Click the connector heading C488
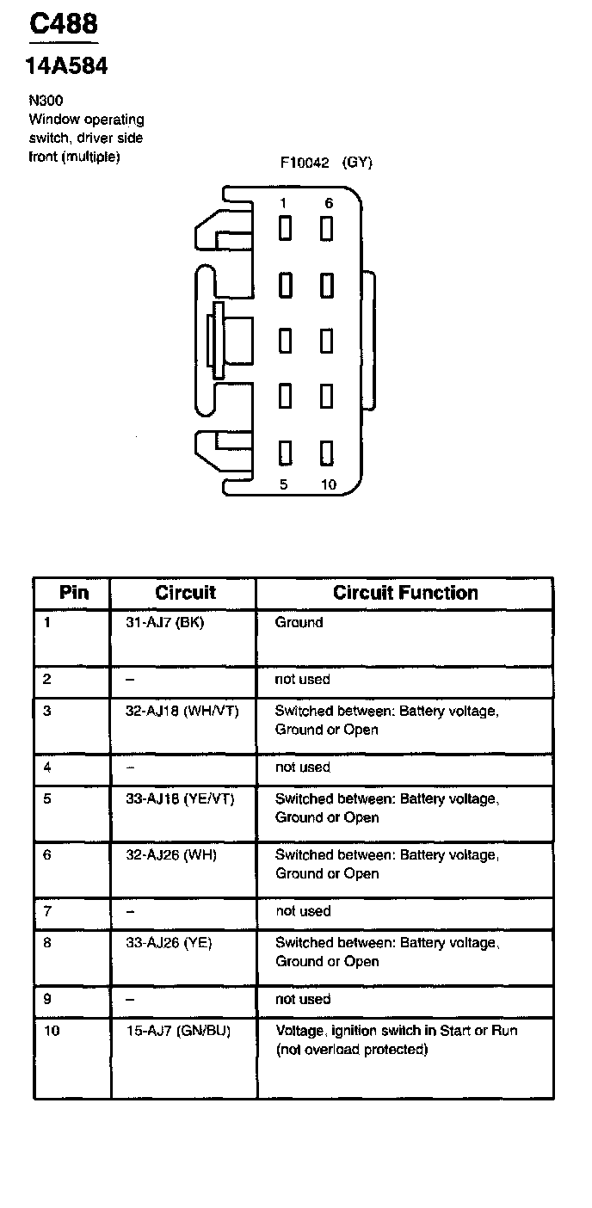64,25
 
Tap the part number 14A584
68,66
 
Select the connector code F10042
304,163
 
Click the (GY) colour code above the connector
357,163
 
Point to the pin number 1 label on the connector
283,203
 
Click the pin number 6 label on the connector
329,203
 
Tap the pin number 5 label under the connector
284,484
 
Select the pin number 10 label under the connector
329,484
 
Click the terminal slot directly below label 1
284,228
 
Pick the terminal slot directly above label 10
327,452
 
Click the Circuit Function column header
405,593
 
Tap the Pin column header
73,593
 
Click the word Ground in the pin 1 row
299,622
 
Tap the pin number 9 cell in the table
47,999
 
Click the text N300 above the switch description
46,101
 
